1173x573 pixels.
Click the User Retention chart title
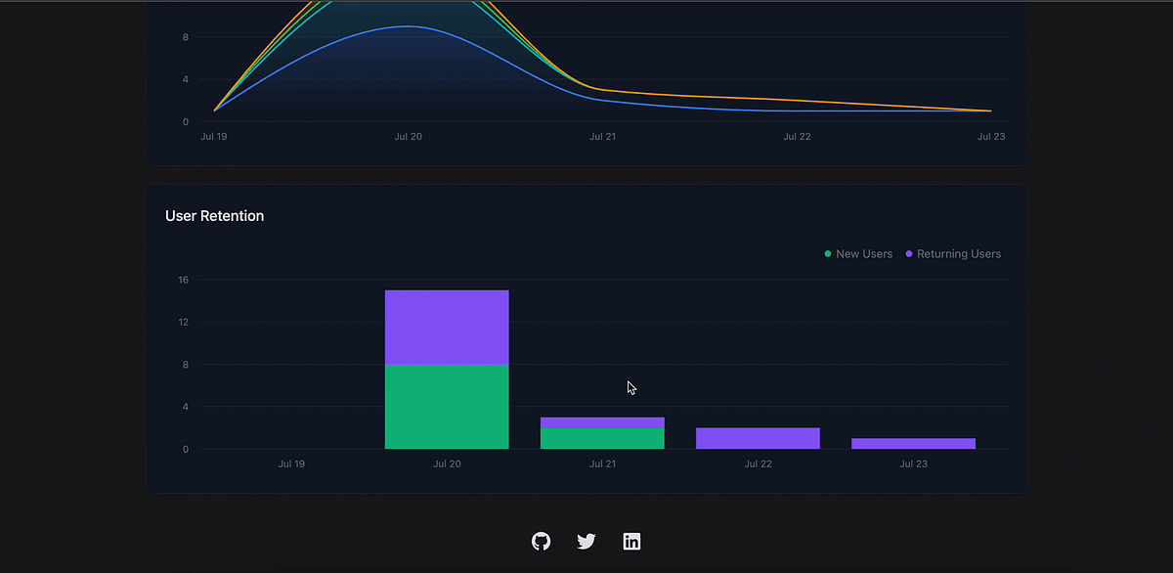[215, 216]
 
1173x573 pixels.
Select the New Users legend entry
[858, 254]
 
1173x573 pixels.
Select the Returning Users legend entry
[952, 254]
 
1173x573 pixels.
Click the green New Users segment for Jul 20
[447, 407]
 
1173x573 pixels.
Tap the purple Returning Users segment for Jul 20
[447, 328]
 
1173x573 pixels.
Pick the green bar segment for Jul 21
[602, 438]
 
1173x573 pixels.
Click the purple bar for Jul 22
[758, 438]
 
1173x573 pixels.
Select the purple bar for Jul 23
[913, 443]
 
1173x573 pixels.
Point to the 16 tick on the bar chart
[183, 281]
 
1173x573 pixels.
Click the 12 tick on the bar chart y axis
[183, 323]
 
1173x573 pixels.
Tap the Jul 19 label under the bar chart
[291, 463]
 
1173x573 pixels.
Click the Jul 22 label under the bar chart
[758, 463]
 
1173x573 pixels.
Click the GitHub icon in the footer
[541, 541]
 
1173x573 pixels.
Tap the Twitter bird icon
[586, 541]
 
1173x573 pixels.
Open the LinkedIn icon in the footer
[631, 541]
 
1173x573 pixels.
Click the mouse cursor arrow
[630, 387]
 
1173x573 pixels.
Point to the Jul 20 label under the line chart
[408, 137]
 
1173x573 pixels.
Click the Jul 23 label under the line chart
[991, 137]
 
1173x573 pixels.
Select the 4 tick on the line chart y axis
[185, 79]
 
